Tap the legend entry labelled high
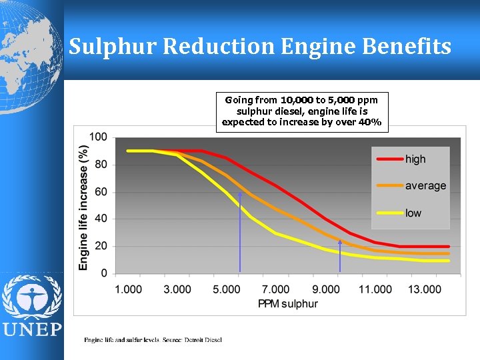tap(415, 159)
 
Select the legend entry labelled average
tap(425, 186)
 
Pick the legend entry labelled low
tap(413, 213)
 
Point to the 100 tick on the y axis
tap(98, 137)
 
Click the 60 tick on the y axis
tap(100, 192)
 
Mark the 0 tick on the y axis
tap(103, 273)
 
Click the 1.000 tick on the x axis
tap(129, 289)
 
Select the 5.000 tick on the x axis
tap(227, 289)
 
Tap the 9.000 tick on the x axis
tap(325, 289)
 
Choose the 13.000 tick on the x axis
tap(424, 289)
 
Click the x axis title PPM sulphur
tap(288, 304)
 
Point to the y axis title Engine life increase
tap(84, 207)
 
